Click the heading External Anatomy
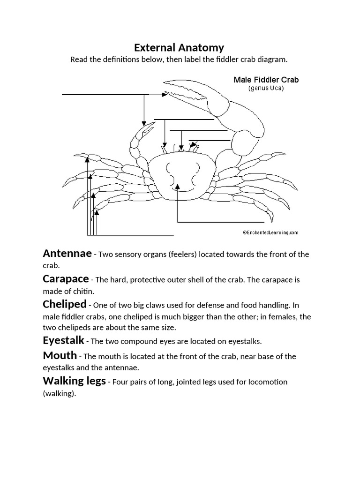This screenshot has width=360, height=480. coord(179,47)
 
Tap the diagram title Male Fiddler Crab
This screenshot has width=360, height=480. coord(266,80)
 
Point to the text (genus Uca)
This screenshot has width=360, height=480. coord(266,88)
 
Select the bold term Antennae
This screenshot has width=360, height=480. coord(67,254)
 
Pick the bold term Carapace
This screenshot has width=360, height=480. coord(66,279)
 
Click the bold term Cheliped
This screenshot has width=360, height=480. coord(65,304)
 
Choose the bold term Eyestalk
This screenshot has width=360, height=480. coord(64,340)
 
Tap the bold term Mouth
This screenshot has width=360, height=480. coord(60,355)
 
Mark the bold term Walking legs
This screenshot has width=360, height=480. coord(74,381)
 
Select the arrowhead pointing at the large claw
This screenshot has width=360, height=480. coord(164,95)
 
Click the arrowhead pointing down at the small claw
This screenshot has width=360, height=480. coord(144,123)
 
